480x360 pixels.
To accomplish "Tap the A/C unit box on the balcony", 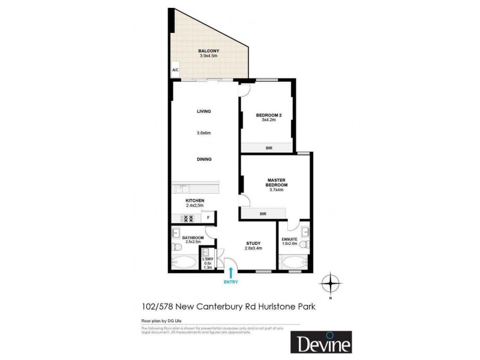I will (176, 70).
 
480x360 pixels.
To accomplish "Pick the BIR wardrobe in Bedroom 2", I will (267, 146).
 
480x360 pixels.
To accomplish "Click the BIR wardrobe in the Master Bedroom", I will (263, 214).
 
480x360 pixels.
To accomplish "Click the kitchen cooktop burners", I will (186, 219).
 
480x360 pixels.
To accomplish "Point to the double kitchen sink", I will (182, 189).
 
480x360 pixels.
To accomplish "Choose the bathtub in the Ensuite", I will (294, 262).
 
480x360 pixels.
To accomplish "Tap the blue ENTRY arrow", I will (230, 273).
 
